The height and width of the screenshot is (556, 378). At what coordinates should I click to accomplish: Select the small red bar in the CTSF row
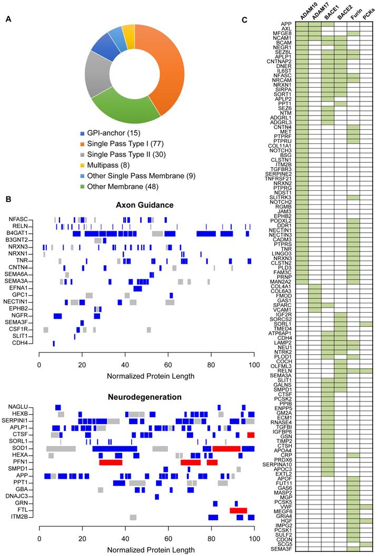[x=251, y=435]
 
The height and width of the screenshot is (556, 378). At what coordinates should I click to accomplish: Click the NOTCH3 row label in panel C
[x=282, y=151]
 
